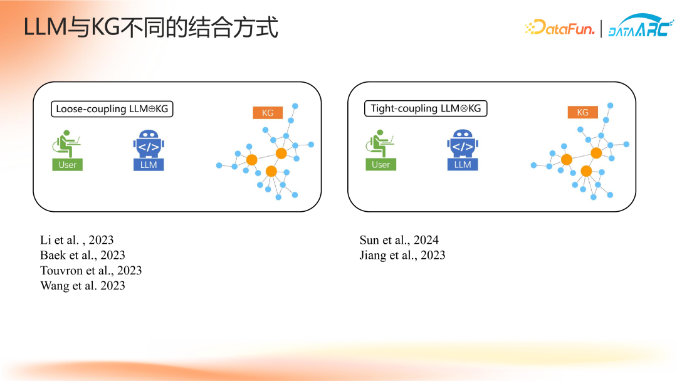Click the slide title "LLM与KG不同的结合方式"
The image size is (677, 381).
(x=150, y=27)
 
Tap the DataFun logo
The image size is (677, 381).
(x=560, y=28)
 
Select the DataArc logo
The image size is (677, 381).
(x=641, y=26)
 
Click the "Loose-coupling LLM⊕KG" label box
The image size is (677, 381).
(x=112, y=109)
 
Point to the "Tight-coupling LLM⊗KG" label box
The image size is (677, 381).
(x=426, y=108)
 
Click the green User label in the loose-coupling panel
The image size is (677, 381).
(x=67, y=165)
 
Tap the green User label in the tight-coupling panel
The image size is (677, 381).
(x=381, y=164)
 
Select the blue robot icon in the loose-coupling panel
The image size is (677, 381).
(x=149, y=144)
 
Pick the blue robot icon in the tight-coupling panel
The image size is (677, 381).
(x=463, y=144)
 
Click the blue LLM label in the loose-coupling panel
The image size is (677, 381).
(x=149, y=165)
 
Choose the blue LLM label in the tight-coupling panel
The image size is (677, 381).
(x=463, y=164)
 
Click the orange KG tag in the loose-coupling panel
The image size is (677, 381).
(x=268, y=113)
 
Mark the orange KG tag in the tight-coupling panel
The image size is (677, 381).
(x=583, y=112)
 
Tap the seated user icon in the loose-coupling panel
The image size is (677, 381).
(x=66, y=144)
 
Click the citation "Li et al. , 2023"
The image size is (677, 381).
(x=77, y=240)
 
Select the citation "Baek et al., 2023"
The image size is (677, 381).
(x=83, y=255)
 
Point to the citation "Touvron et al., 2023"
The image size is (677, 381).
(x=91, y=270)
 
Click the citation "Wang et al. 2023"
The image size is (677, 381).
(x=83, y=286)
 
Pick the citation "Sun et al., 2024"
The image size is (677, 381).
(x=399, y=240)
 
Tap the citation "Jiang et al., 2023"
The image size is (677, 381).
(x=402, y=255)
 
